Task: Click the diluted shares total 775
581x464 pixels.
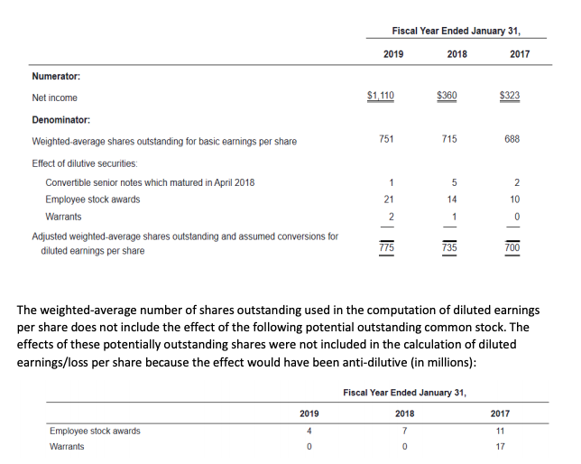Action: pos(387,246)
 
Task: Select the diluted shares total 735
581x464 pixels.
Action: pos(450,246)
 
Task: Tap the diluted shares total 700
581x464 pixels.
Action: pos(512,246)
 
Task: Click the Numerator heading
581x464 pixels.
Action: pos(57,77)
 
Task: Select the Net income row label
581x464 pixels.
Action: pos(54,97)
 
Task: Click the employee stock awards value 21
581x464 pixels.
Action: pos(387,199)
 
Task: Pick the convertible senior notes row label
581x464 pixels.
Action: pos(150,182)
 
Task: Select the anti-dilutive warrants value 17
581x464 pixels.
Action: pos(500,447)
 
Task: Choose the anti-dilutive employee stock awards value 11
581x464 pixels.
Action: pos(500,431)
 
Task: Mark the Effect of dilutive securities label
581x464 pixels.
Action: pos(84,163)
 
